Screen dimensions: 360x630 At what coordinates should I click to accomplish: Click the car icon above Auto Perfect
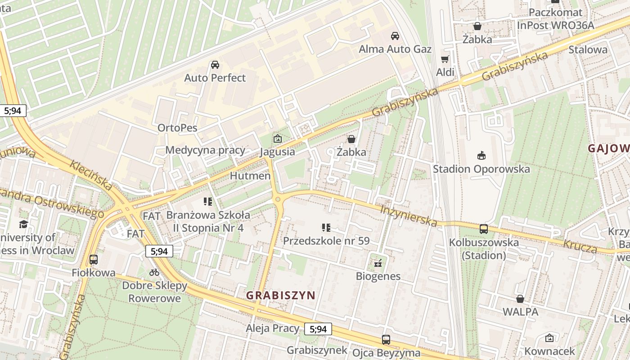pyautogui.click(x=215, y=65)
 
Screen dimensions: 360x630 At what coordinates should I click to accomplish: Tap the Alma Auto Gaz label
pyautogui.click(x=395, y=49)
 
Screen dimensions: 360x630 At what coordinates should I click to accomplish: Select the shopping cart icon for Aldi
pyautogui.click(x=445, y=59)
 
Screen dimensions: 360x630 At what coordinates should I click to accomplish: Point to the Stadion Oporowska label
pyautogui.click(x=481, y=169)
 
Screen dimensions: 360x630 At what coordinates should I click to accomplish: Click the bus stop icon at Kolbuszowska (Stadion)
pyautogui.click(x=484, y=229)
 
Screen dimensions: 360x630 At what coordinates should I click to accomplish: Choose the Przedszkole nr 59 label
pyautogui.click(x=326, y=241)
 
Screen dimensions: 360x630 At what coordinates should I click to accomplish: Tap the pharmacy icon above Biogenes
pyautogui.click(x=378, y=263)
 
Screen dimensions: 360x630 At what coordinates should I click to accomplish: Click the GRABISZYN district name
pyautogui.click(x=281, y=296)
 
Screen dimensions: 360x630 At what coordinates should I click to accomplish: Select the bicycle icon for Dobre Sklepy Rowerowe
pyautogui.click(x=154, y=272)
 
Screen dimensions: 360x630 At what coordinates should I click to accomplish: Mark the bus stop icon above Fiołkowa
pyautogui.click(x=94, y=260)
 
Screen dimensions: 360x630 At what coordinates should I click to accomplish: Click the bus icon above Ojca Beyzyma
pyautogui.click(x=386, y=340)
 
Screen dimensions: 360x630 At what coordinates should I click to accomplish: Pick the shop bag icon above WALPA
pyautogui.click(x=520, y=299)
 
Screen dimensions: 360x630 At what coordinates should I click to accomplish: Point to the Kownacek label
pyautogui.click(x=549, y=351)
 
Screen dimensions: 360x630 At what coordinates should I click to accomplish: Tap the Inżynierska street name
pyautogui.click(x=409, y=216)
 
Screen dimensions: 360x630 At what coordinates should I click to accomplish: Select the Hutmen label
pyautogui.click(x=250, y=175)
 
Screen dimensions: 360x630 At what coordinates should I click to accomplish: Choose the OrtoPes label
pyautogui.click(x=177, y=128)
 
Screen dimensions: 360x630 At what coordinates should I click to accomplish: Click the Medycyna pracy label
pyautogui.click(x=205, y=150)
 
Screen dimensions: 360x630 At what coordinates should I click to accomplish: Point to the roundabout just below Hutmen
pyautogui.click(x=278, y=199)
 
